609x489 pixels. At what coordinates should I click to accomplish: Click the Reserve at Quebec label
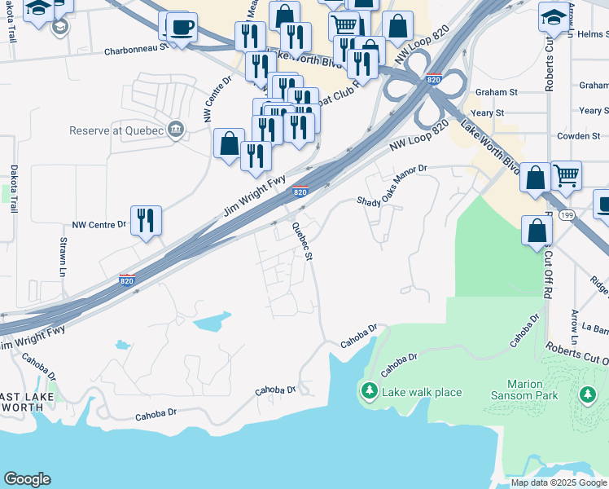(x=116, y=130)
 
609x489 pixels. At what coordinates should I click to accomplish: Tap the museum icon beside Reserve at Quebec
(x=175, y=130)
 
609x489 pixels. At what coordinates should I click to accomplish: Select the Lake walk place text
(x=422, y=393)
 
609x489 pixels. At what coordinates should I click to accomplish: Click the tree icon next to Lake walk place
(x=369, y=393)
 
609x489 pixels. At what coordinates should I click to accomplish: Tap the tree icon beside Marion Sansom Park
(x=588, y=394)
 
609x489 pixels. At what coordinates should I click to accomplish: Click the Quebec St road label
(x=302, y=241)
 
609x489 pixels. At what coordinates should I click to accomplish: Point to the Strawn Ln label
(x=63, y=256)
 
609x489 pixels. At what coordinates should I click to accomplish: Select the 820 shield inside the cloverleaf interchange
(x=433, y=79)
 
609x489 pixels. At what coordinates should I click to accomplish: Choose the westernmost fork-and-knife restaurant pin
(x=146, y=220)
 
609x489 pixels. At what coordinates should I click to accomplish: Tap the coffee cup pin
(x=181, y=27)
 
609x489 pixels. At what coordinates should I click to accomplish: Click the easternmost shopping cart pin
(x=566, y=175)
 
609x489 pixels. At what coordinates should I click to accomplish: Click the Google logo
(x=28, y=479)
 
